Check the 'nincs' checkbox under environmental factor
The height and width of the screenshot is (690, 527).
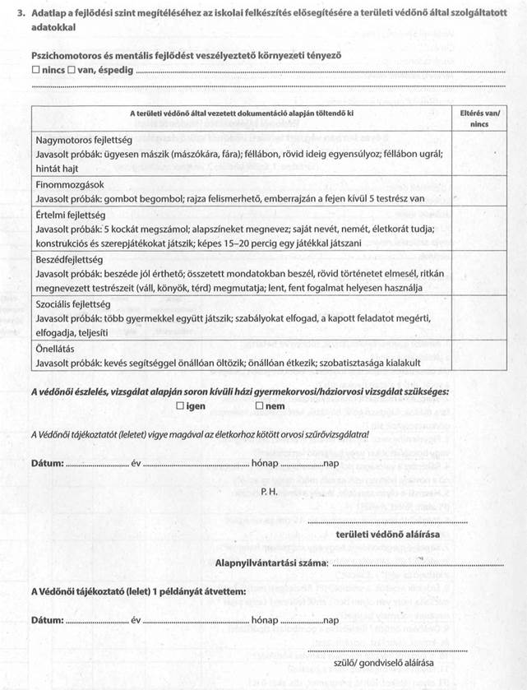point(35,71)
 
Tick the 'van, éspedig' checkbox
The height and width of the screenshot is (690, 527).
point(72,71)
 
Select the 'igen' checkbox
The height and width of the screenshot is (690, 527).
point(181,406)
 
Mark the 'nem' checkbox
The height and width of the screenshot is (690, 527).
point(259,406)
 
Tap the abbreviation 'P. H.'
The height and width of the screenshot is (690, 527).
point(270,492)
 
